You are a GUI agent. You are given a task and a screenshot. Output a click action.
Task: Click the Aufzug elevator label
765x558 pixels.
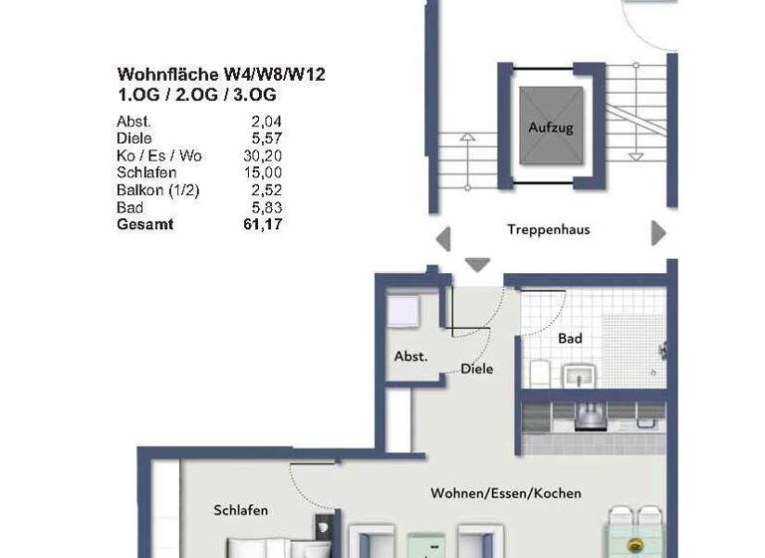(551, 129)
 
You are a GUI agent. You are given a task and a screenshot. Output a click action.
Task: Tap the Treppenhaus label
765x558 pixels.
(548, 230)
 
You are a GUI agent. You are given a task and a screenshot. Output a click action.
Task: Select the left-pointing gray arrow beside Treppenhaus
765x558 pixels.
(444, 239)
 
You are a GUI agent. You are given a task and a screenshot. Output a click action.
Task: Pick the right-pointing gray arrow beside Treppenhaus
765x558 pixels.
(657, 233)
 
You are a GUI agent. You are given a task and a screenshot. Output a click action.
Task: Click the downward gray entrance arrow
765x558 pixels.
(478, 264)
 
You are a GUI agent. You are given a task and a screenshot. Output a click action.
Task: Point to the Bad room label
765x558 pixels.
(570, 339)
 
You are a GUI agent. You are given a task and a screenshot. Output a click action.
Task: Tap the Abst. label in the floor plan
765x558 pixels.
(411, 356)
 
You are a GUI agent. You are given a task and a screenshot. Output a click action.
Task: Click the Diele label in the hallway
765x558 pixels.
(476, 369)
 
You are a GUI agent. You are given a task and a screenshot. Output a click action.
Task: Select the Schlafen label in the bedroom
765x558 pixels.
(240, 510)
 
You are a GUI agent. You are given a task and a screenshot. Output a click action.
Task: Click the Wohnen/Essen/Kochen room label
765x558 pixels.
(506, 493)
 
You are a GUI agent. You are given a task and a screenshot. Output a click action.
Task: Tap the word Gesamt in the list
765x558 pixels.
(144, 225)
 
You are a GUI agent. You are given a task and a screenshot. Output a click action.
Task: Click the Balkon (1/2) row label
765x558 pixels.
(157, 190)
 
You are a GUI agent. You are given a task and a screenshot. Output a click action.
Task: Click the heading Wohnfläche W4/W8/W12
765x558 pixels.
(221, 74)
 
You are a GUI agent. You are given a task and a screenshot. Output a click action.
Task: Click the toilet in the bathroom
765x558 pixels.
(539, 372)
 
